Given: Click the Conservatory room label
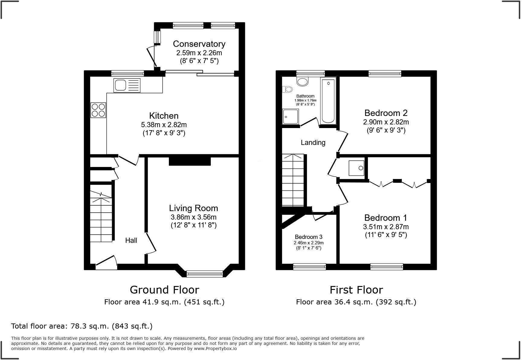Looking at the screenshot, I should pos(199,44).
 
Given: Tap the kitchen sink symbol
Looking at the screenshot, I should pos(127,85).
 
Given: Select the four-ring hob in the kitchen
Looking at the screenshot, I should pos(98,110).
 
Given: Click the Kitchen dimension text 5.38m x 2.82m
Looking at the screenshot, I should pos(164,125).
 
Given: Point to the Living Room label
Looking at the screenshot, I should pos(193,208).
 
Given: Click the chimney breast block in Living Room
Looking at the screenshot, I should pos(190,161).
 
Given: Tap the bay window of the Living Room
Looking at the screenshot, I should pos(205,274).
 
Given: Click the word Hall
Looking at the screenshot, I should pos(131,240).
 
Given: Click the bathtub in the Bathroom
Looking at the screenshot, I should pos(328,101).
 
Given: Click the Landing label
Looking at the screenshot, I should pos(313,143).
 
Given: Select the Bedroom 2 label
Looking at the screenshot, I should pos(386,113).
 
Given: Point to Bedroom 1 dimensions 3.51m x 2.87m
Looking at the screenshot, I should pos(386,227).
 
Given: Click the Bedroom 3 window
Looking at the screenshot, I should pos(310,266).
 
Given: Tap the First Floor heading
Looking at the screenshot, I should pos(356,290).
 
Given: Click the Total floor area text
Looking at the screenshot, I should pos(82,326).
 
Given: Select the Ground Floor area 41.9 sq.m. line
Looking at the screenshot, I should pos(164,302).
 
